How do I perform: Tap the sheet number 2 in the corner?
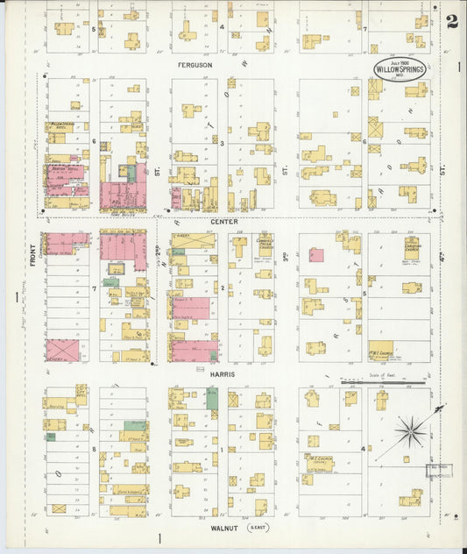click(x=451, y=21)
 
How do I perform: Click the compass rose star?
click(x=410, y=430)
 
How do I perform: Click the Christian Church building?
click(x=411, y=249)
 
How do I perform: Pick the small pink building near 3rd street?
click(x=315, y=255)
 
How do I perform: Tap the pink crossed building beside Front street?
click(x=61, y=351)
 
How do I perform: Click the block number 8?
click(x=93, y=447)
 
